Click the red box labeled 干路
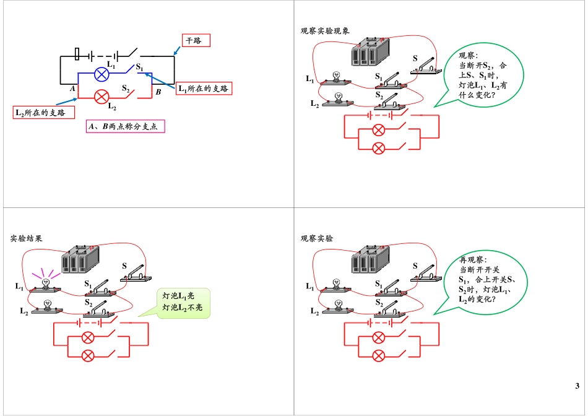pos(196,41)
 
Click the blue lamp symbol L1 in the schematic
pos(102,74)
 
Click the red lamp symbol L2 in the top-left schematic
pos(102,96)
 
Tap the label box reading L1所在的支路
pos(203,89)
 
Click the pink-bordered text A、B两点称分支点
pos(126,127)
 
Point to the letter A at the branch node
pos(73,89)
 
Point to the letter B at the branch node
pos(158,92)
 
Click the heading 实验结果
pos(27,238)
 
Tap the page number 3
pos(577,387)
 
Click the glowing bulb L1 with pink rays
pos(45,282)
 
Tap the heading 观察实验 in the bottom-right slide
pos(317,238)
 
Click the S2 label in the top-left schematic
pos(125,89)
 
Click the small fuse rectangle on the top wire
pos(77,54)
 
